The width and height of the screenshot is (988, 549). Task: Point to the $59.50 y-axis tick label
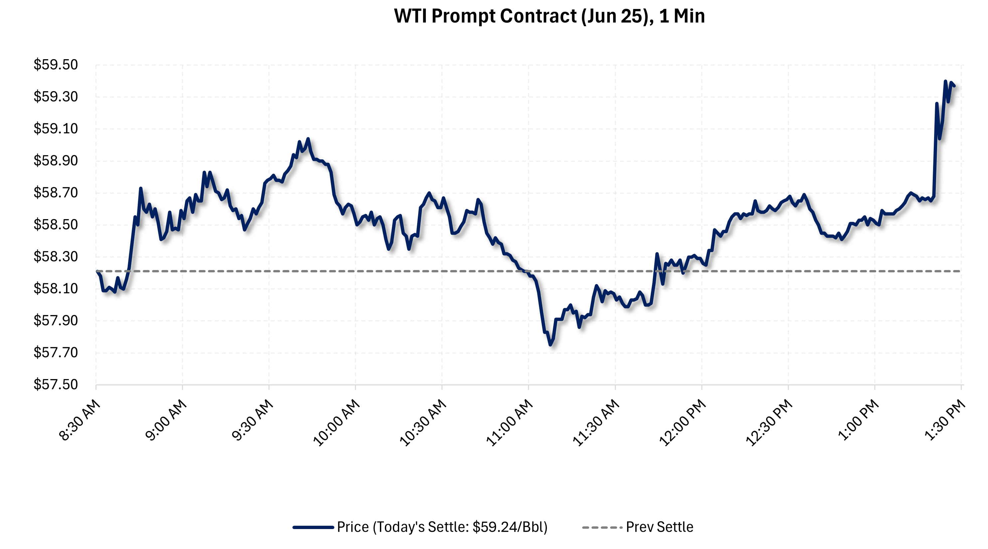(x=56, y=65)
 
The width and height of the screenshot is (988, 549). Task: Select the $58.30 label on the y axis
(x=56, y=256)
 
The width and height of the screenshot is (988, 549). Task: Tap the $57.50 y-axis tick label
(x=56, y=384)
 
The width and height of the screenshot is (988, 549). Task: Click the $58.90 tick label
(x=56, y=161)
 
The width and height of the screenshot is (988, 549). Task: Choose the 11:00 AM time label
(x=510, y=423)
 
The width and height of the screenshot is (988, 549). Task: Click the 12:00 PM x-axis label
(x=683, y=423)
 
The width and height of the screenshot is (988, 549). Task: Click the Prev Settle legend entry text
(x=659, y=527)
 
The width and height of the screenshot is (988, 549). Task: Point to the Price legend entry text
(x=442, y=527)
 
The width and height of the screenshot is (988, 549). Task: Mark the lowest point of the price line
(x=550, y=344)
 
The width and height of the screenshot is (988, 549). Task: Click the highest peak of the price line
(x=945, y=81)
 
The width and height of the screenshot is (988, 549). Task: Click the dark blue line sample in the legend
(x=313, y=527)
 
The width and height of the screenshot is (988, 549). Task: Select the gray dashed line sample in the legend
(x=601, y=527)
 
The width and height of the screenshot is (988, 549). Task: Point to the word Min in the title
(x=689, y=16)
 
